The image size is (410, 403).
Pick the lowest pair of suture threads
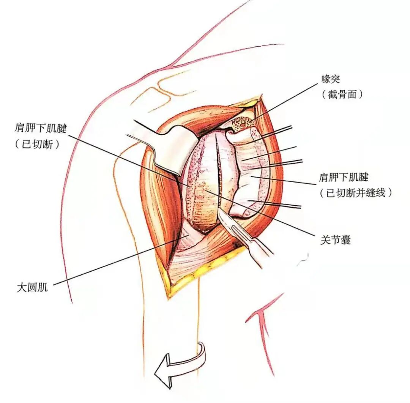[x=281, y=205]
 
